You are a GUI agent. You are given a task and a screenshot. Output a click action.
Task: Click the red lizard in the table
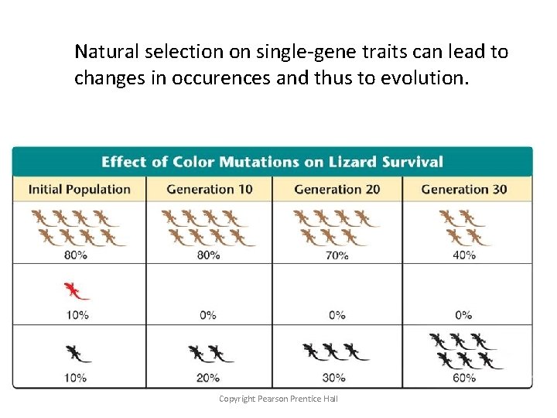coord(76,291)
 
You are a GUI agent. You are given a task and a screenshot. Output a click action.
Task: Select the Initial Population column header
coord(79,189)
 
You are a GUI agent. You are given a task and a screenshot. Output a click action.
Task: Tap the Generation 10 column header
coord(209,189)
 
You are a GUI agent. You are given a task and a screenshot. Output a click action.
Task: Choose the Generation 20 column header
coord(337,189)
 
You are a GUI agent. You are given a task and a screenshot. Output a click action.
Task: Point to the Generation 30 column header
coord(464,189)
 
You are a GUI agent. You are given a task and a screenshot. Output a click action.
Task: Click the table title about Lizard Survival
coord(272,162)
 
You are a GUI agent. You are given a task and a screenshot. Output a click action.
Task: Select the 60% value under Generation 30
coord(464,378)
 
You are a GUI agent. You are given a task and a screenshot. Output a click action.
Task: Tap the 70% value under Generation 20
coord(337,255)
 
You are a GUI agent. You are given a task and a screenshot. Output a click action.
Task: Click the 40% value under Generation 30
coord(464,255)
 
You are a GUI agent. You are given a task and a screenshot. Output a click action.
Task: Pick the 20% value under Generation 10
coord(208,378)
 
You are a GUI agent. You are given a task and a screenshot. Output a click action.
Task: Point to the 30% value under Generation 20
coord(337,378)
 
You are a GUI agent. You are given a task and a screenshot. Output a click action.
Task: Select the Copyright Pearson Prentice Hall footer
coord(278,399)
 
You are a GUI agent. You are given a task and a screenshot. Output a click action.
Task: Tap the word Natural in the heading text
coord(104,52)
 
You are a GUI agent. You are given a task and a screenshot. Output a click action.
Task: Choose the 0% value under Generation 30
coord(464,315)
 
